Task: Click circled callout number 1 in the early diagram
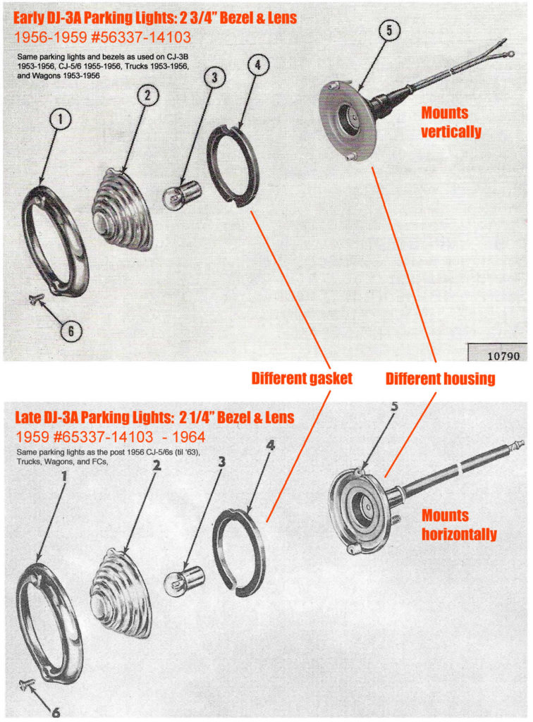[x=61, y=119]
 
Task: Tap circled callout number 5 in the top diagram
[x=389, y=31]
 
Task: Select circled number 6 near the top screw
[x=71, y=331]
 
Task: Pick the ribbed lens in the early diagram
[x=122, y=210]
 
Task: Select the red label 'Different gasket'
[x=302, y=378]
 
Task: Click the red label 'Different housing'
[x=440, y=379]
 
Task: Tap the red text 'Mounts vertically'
[x=451, y=122]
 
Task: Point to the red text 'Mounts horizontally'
[x=459, y=525]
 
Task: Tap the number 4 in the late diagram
[x=271, y=446]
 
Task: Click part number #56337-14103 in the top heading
[x=141, y=37]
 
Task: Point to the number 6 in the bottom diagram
[x=56, y=712]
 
